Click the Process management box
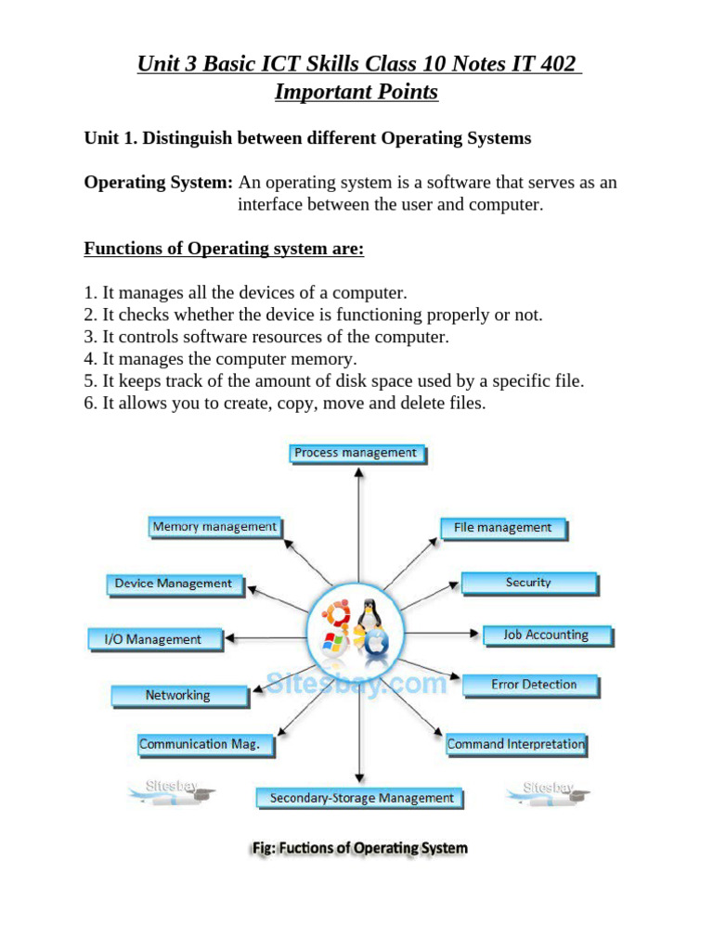(356, 453)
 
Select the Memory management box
(214, 527)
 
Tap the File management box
(502, 528)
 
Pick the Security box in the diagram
(528, 583)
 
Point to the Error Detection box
(533, 685)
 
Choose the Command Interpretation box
(516, 744)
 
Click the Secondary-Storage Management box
(361, 798)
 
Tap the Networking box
(178, 695)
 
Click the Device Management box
(174, 584)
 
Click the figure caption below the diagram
(360, 848)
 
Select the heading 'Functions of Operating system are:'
(224, 249)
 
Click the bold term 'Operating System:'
(158, 183)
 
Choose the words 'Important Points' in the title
(356, 92)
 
